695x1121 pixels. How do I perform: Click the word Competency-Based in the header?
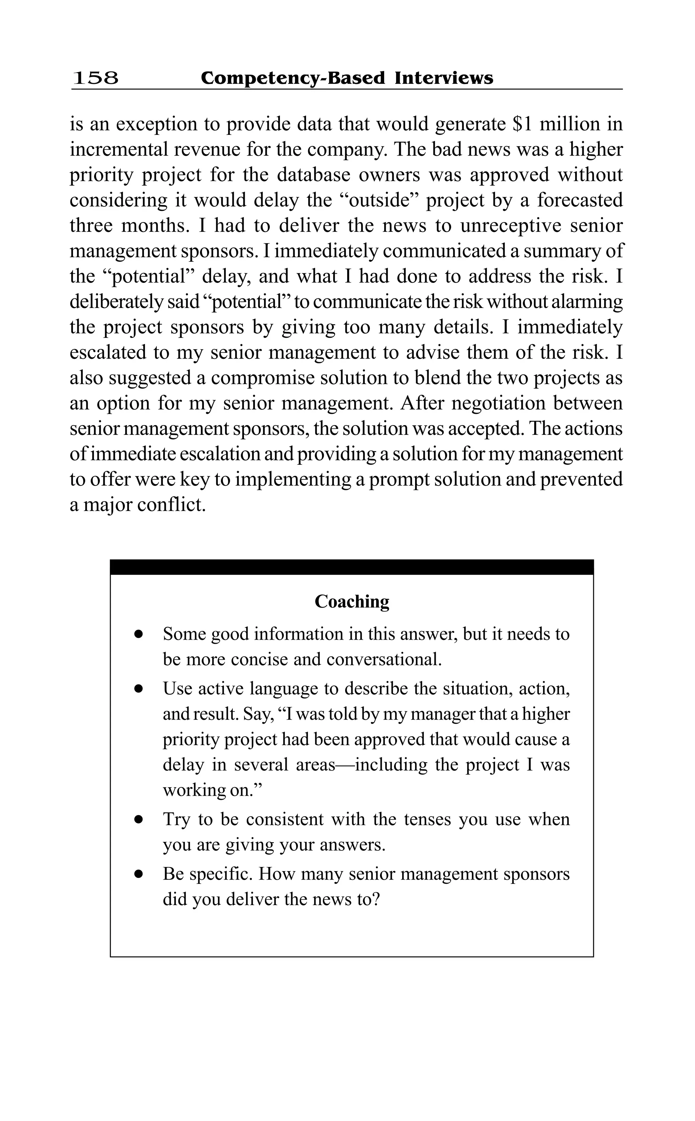(x=293, y=78)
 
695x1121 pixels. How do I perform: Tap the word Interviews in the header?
(x=444, y=78)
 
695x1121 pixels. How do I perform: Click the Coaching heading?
(x=352, y=602)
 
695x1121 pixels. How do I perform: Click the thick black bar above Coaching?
(x=352, y=567)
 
